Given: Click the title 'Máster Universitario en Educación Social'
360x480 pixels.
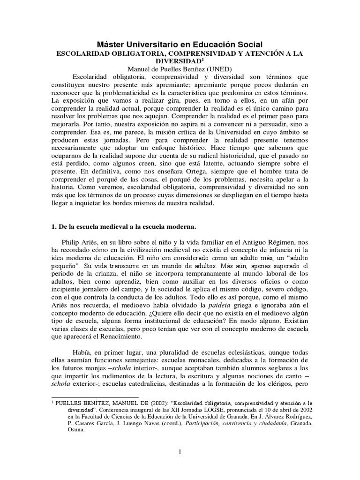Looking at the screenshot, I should click(x=180, y=44).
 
